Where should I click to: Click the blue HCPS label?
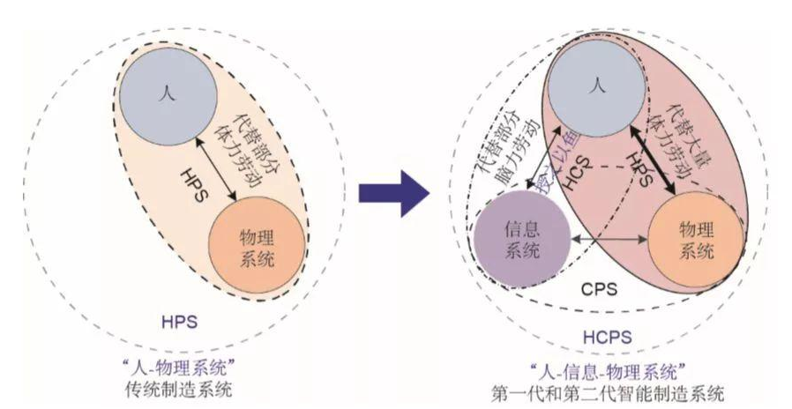pos(607,337)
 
